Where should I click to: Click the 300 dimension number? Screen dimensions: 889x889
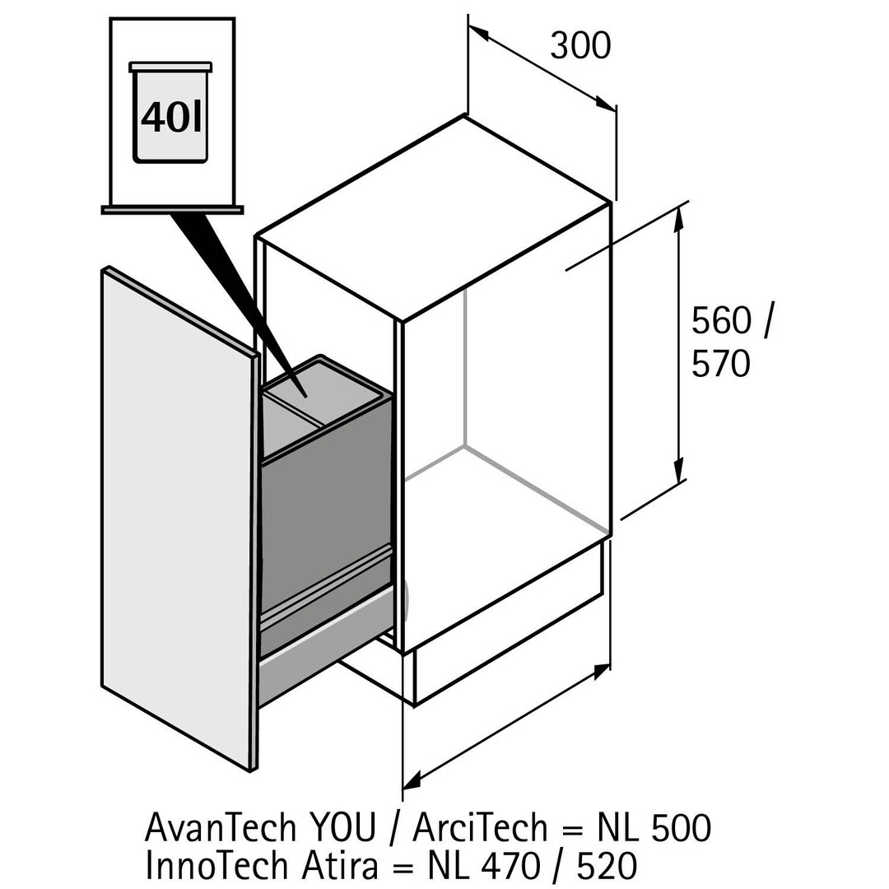pos(580,45)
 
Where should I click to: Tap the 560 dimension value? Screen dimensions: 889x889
pos(721,321)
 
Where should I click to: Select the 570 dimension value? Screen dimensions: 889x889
pos(720,363)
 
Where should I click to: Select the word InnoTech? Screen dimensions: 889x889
pos(216,865)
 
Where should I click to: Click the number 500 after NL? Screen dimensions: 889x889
pos(680,827)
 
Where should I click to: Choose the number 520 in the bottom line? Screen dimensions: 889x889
pos(606,865)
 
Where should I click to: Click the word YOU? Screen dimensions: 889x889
pos(342,827)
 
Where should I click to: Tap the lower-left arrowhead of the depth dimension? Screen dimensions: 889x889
pos(411,779)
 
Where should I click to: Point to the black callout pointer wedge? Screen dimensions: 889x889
pos(226,280)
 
